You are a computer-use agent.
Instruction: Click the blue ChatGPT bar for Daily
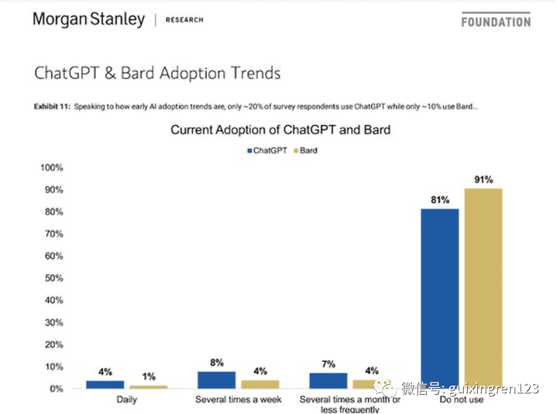point(105,384)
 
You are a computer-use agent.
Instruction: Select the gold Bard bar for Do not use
point(483,288)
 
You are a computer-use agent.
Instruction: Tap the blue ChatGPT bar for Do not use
point(440,299)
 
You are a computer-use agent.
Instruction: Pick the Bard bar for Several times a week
point(260,384)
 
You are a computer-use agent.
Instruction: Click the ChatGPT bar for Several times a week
point(217,380)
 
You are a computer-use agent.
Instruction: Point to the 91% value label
point(484,180)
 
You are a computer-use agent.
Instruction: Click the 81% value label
point(440,200)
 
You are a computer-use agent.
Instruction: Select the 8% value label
point(217,363)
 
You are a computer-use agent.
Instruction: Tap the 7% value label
point(328,364)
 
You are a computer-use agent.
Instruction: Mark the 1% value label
point(149,377)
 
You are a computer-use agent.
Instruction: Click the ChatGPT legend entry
point(266,151)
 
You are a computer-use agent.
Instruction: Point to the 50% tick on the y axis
point(52,278)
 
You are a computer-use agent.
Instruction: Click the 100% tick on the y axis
point(51,168)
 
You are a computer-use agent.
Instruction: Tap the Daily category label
point(127,400)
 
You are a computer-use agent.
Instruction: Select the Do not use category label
point(461,400)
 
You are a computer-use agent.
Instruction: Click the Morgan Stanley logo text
point(89,19)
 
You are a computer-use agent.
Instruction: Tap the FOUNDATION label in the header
point(496,21)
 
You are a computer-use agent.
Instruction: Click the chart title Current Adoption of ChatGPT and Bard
point(280,130)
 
